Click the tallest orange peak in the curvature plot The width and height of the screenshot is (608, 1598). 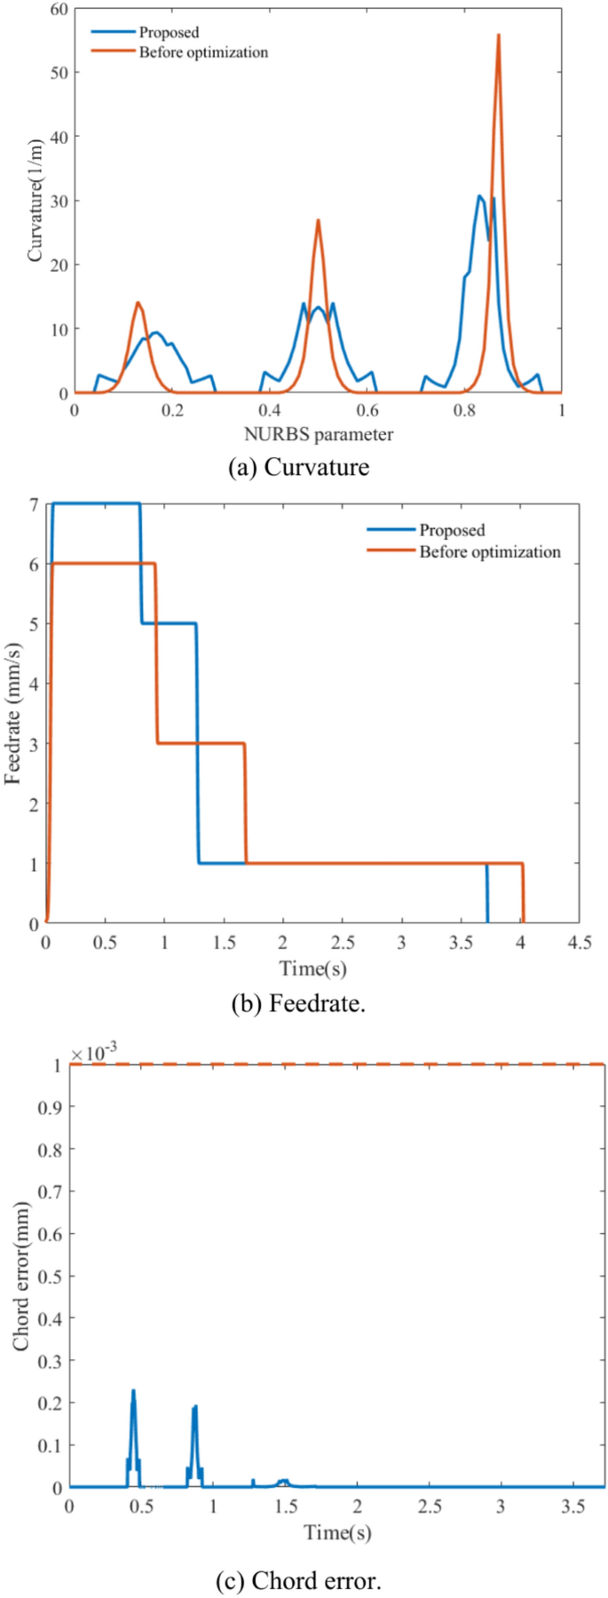pos(498,36)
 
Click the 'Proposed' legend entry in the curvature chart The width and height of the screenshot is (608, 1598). pos(169,33)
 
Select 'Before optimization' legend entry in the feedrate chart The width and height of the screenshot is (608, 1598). pos(489,552)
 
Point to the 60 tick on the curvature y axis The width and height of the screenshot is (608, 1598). pos(59,9)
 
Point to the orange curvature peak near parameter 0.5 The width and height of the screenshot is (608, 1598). pos(318,221)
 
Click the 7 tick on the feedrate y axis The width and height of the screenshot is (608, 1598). pos(33,504)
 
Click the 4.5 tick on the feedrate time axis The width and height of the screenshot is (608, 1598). pos(580,942)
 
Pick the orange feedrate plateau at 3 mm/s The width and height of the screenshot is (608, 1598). pos(201,743)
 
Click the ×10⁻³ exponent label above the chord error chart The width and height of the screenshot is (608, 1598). pos(94,1054)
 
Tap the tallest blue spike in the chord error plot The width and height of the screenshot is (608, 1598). pos(133,1391)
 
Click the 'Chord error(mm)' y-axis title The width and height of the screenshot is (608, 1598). pos(21,1276)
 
